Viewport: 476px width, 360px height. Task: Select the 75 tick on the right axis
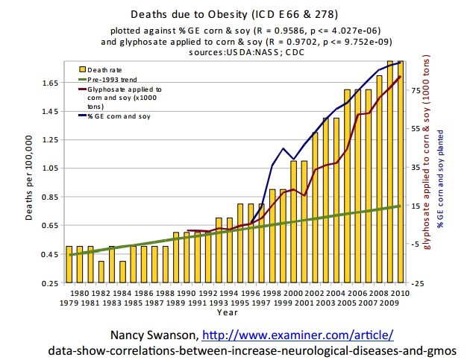pyautogui.click(x=416, y=89)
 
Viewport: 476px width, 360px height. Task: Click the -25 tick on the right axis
pyautogui.click(x=417, y=284)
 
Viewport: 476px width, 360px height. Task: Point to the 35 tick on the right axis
pyautogui.click(x=416, y=167)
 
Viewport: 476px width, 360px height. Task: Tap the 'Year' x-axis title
pyautogui.click(x=234, y=314)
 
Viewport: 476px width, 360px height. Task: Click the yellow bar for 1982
pyautogui.click(x=101, y=272)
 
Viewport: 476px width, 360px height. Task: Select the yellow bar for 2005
pyautogui.click(x=347, y=186)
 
